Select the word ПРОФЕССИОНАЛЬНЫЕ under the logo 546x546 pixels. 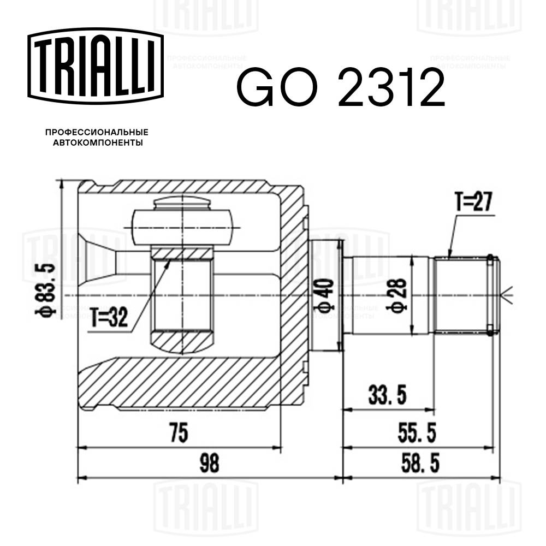point(97,133)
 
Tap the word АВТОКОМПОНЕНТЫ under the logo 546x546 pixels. point(97,143)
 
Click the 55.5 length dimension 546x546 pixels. point(416,434)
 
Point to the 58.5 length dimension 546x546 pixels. point(416,464)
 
